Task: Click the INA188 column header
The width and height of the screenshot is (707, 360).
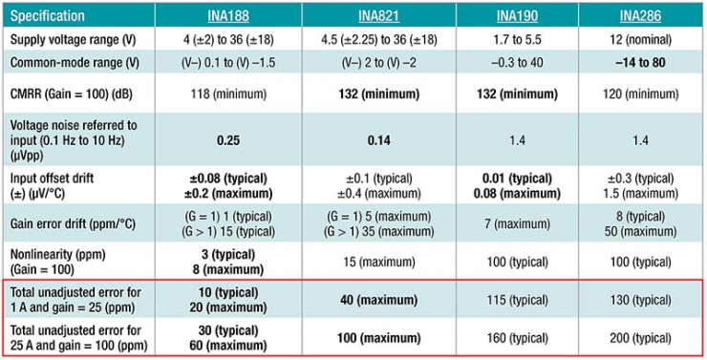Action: [228, 16]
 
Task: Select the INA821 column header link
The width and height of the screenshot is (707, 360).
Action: [378, 16]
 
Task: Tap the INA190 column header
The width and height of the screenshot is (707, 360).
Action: [517, 16]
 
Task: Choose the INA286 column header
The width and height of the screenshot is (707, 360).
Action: [640, 16]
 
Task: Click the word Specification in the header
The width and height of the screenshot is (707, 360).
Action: [48, 16]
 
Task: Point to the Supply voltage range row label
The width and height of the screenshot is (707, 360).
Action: [73, 40]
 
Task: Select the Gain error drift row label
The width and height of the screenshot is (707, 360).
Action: [73, 224]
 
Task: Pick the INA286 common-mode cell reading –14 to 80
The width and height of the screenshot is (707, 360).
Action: [640, 62]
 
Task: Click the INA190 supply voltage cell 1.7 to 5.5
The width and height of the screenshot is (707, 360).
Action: [517, 40]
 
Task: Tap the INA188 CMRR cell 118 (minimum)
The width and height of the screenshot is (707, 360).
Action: [228, 95]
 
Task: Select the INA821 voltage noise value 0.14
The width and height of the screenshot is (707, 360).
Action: [378, 140]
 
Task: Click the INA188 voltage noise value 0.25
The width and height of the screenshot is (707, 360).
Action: [228, 140]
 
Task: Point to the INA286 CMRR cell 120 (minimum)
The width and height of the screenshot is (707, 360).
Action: [640, 95]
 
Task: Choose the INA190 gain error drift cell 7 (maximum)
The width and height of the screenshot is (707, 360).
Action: [517, 224]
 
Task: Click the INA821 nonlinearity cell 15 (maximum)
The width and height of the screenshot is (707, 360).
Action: [378, 262]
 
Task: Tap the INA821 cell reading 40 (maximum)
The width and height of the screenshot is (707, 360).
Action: [378, 300]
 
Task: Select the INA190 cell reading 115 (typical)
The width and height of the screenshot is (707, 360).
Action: [517, 300]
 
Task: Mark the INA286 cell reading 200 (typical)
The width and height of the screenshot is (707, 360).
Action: [640, 338]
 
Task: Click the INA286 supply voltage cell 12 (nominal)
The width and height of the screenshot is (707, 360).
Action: [640, 40]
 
